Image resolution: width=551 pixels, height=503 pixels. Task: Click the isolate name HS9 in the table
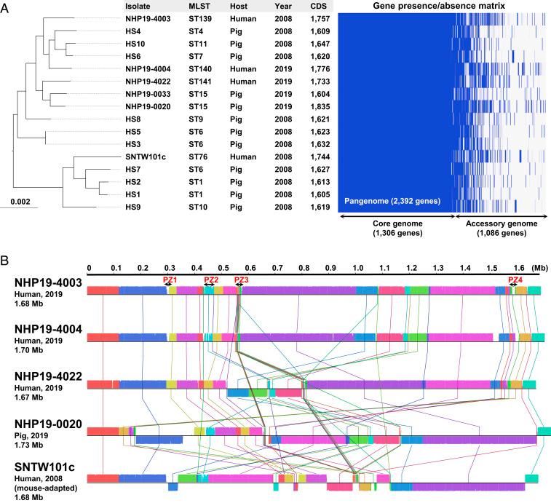[133, 207]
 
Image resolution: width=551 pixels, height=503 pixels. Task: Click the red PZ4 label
[515, 280]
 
